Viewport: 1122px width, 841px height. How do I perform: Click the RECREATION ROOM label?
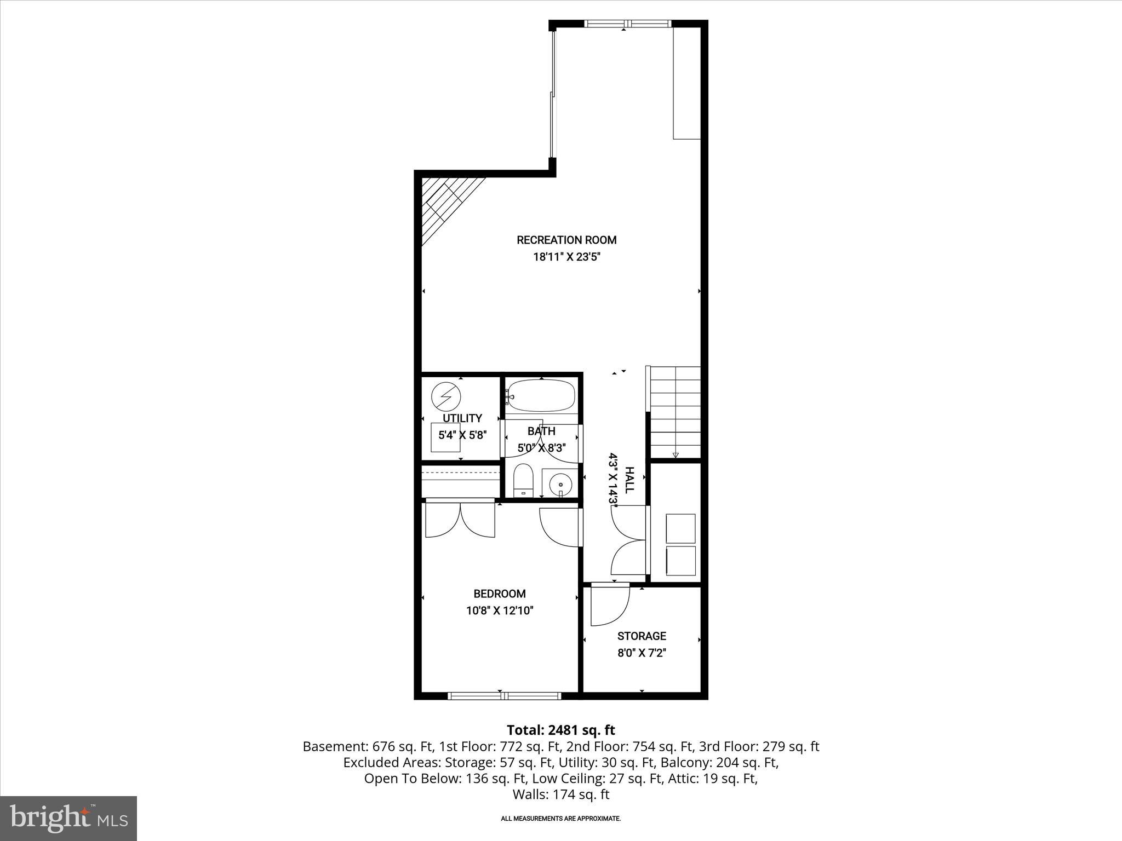click(x=566, y=240)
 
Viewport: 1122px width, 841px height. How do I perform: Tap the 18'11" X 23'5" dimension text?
click(x=566, y=257)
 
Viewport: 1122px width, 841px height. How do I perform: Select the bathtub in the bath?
click(x=541, y=396)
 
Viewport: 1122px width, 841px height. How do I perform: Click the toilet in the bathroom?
click(x=523, y=480)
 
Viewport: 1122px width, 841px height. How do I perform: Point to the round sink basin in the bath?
click(x=560, y=484)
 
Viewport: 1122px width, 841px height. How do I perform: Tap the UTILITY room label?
click(x=462, y=418)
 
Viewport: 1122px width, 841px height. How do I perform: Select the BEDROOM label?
click(x=499, y=594)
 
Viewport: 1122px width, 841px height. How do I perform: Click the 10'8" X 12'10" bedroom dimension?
click(x=499, y=610)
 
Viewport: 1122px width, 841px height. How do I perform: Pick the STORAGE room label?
click(x=642, y=636)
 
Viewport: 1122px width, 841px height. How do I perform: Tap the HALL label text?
click(x=629, y=480)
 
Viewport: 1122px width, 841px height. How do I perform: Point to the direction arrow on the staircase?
click(x=675, y=454)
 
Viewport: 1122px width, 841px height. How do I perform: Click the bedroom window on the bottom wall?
click(x=504, y=696)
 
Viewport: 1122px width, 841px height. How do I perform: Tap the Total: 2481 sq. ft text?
click(x=560, y=730)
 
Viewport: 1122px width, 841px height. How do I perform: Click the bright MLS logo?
click(x=68, y=818)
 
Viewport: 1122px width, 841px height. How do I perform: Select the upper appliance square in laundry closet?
click(x=680, y=528)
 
